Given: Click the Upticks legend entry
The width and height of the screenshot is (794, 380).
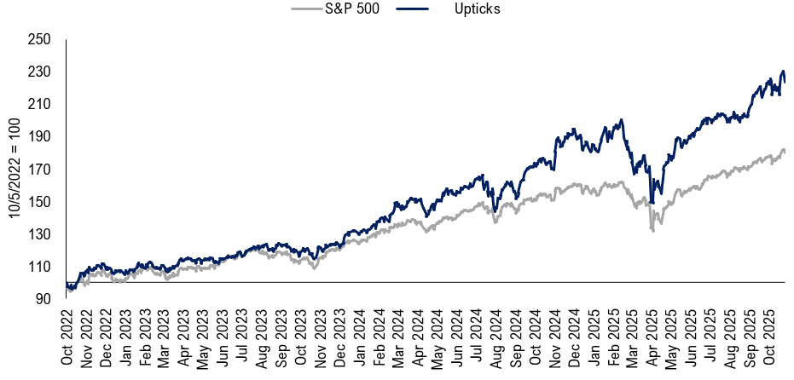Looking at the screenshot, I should coord(477,9).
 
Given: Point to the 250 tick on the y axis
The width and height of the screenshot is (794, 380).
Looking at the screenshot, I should coord(40,39).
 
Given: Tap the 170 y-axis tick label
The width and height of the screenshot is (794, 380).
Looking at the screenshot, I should coord(40,169).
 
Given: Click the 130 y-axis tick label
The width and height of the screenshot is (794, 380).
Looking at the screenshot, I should coord(40,233).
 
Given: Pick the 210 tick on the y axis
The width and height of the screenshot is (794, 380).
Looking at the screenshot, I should coord(40,104).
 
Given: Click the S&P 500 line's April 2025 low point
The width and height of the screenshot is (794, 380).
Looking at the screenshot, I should coord(652,231).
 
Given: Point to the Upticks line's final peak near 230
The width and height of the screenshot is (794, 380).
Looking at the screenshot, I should coord(783,72).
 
